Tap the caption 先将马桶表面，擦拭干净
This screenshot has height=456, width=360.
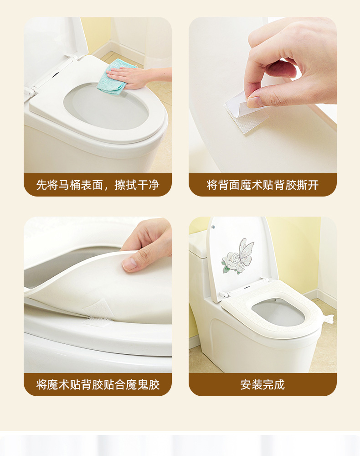coord(98,185)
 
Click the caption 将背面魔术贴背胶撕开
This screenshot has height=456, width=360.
coord(262,185)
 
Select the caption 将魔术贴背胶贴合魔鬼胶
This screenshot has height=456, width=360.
coord(98,384)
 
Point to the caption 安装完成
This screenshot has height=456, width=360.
coord(262,384)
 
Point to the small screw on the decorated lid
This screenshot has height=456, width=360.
coord(214,227)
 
